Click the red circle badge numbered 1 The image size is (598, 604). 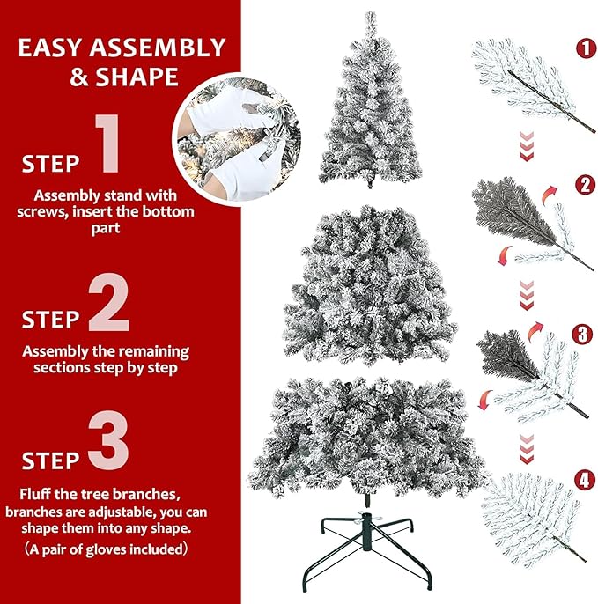click(585, 48)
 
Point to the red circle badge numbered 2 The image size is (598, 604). click(583, 185)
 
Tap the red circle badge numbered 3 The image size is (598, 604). click(582, 335)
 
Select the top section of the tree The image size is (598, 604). click(367, 106)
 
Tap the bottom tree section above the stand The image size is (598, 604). click(367, 436)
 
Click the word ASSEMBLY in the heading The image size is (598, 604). click(156, 48)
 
